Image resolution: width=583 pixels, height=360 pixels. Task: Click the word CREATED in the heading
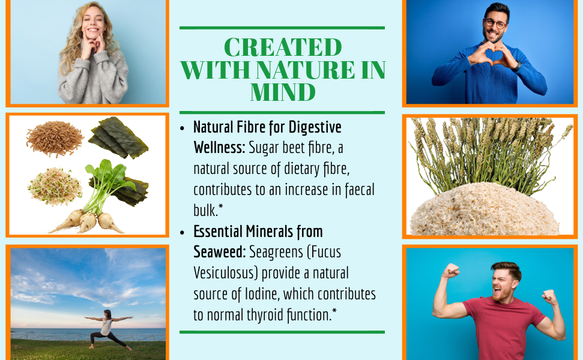click(x=283, y=47)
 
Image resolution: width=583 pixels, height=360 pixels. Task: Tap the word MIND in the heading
click(x=283, y=92)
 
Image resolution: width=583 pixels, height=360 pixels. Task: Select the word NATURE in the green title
click(x=305, y=70)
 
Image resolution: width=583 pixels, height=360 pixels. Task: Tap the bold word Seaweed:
click(x=219, y=252)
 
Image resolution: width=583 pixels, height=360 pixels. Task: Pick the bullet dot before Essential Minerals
click(x=182, y=233)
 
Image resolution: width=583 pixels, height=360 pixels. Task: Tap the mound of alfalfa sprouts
click(x=55, y=186)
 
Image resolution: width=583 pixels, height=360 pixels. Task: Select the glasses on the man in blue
click(x=495, y=23)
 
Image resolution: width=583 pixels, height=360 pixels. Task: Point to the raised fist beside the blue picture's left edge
click(x=450, y=271)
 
